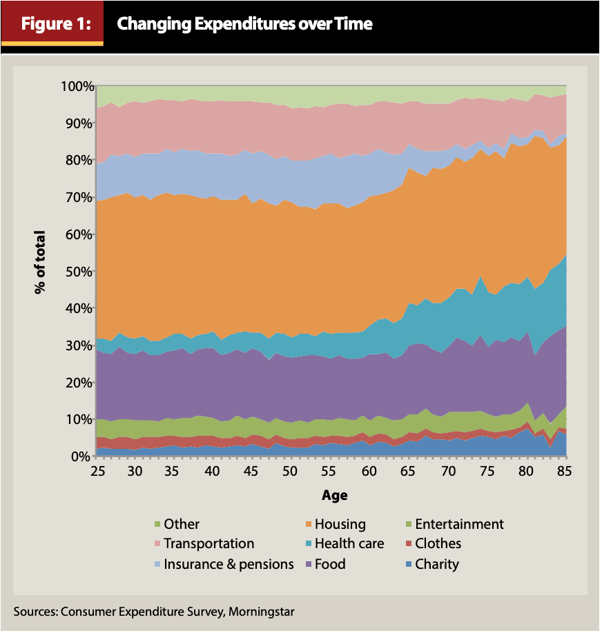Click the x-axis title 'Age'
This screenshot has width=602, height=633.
click(334, 495)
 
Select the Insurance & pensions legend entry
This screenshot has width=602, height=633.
click(229, 564)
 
